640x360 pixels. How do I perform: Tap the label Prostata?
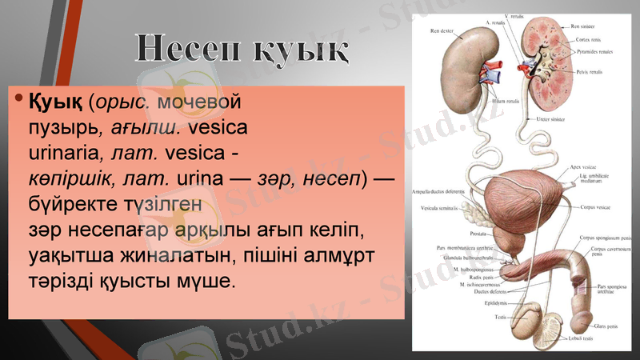[480, 234]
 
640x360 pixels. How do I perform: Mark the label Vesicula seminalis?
[439, 208]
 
